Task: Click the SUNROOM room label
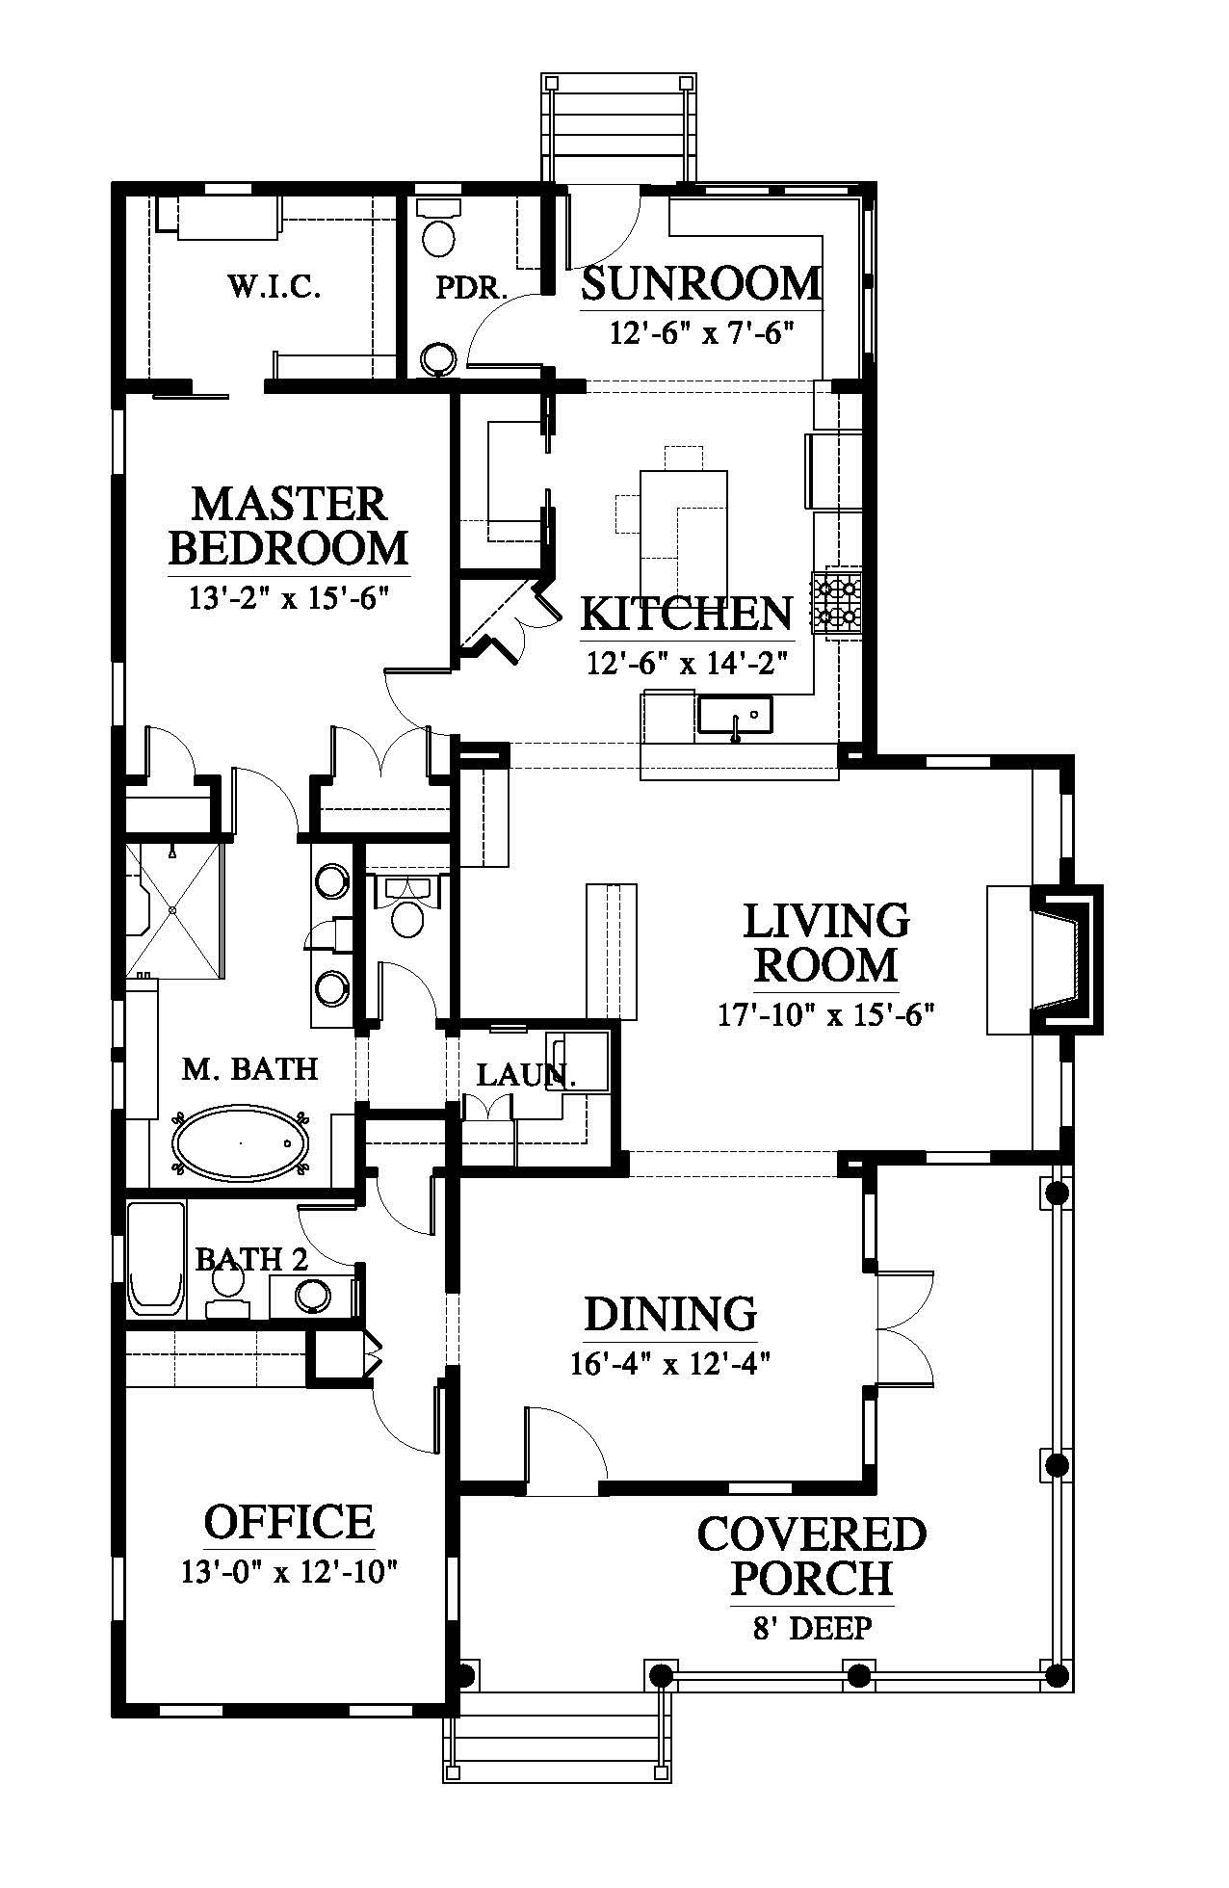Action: (702, 284)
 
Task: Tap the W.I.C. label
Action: (275, 286)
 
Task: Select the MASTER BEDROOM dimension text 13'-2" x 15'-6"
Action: (288, 597)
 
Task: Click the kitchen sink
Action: (734, 717)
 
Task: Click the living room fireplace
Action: (1064, 957)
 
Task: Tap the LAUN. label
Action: (526, 1075)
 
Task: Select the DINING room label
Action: (671, 1314)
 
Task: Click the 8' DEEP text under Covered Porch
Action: (812, 1628)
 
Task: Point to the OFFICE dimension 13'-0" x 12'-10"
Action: (289, 1572)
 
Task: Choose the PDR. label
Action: (471, 288)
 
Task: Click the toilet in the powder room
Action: (440, 227)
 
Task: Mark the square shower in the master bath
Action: (174, 910)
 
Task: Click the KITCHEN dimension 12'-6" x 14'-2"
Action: (688, 663)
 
